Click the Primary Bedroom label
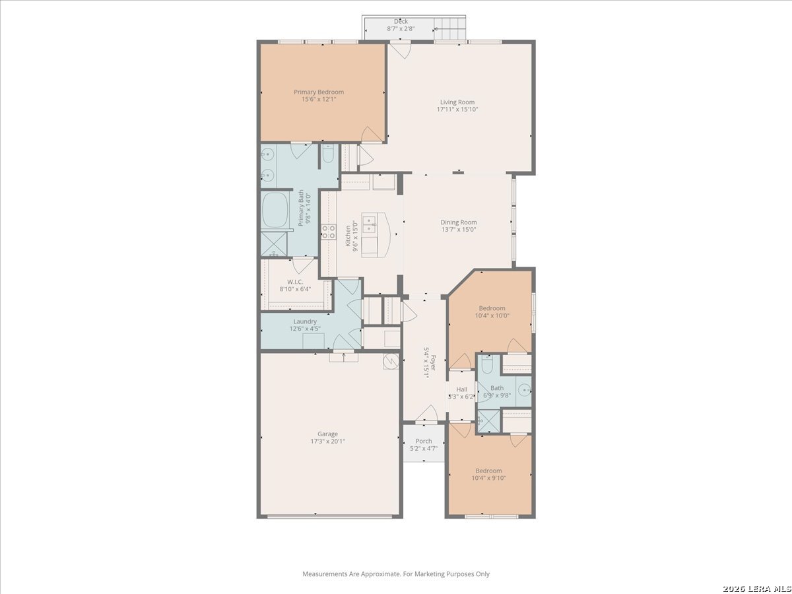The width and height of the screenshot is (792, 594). point(319,92)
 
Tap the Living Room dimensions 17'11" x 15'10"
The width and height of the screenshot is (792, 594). point(457,110)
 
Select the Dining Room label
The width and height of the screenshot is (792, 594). point(459,222)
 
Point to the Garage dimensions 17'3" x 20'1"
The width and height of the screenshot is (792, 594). point(327,441)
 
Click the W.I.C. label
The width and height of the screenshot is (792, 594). point(295,282)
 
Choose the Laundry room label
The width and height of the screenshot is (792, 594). point(305,321)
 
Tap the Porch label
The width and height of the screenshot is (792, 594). point(424,441)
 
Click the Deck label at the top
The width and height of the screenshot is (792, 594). point(401,21)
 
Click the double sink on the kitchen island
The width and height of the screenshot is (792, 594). point(370,224)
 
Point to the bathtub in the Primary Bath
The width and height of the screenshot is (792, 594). point(275,210)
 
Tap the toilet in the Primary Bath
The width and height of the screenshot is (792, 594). point(328,154)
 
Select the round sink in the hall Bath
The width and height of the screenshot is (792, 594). point(525,390)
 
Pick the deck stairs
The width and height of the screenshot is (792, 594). point(449,28)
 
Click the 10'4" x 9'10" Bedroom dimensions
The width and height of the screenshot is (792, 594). point(488,478)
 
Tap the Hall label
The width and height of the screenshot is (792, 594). point(461,389)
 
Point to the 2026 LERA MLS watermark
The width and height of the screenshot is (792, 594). point(756,589)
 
